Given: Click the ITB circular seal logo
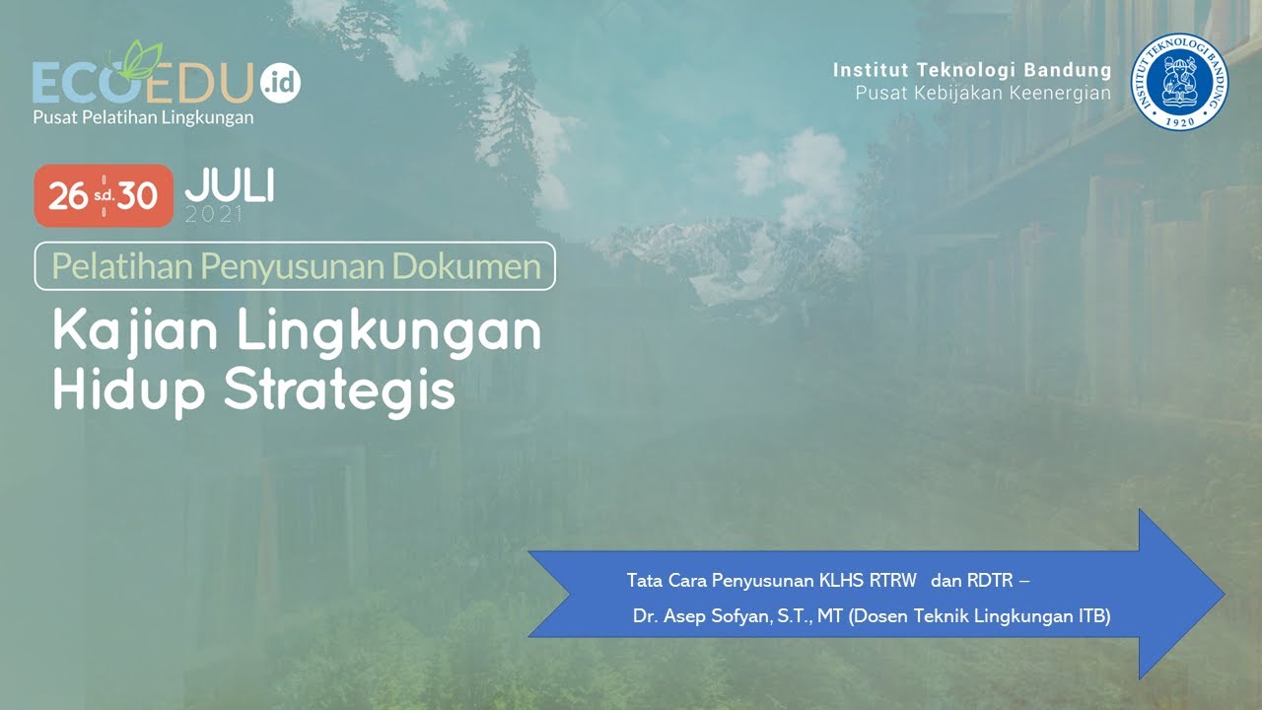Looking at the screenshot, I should tap(1179, 82).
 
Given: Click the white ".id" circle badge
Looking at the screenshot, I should tap(281, 83).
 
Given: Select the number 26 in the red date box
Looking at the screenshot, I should tap(68, 196).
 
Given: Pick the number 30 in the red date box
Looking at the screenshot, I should tap(138, 196).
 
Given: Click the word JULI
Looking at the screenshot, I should tap(229, 186).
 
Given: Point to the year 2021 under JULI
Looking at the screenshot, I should tap(213, 215).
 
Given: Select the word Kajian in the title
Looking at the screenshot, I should tap(136, 333).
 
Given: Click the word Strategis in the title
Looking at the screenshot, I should tap(339, 391).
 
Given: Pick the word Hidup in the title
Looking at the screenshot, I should tap(129, 391).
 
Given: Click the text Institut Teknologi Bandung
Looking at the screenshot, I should tap(971, 70).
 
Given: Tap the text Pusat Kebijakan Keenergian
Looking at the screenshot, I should tap(982, 94).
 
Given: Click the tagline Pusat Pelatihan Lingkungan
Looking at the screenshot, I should tap(143, 117).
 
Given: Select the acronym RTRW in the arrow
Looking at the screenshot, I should tap(893, 580).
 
